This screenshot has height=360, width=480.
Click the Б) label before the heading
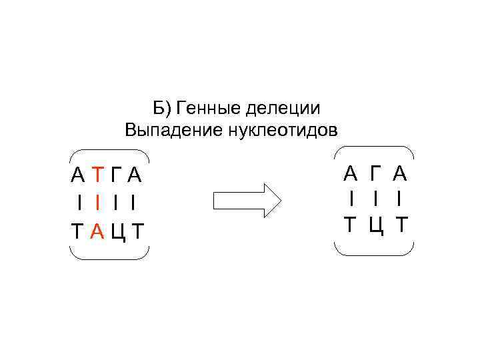pyautogui.click(x=162, y=108)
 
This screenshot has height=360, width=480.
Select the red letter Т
pyautogui.click(x=97, y=175)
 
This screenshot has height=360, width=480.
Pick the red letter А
pyautogui.click(x=97, y=231)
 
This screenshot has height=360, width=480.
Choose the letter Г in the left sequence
pyautogui.click(x=117, y=175)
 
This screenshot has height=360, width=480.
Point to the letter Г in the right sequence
pyautogui.click(x=375, y=174)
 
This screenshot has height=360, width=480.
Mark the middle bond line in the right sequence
pyautogui.click(x=375, y=199)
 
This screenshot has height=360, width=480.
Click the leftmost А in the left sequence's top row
pyautogui.click(x=78, y=175)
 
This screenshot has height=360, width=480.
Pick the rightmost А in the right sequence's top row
pyautogui.click(x=400, y=174)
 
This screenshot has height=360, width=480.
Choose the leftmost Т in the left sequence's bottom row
pyautogui.click(x=78, y=231)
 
